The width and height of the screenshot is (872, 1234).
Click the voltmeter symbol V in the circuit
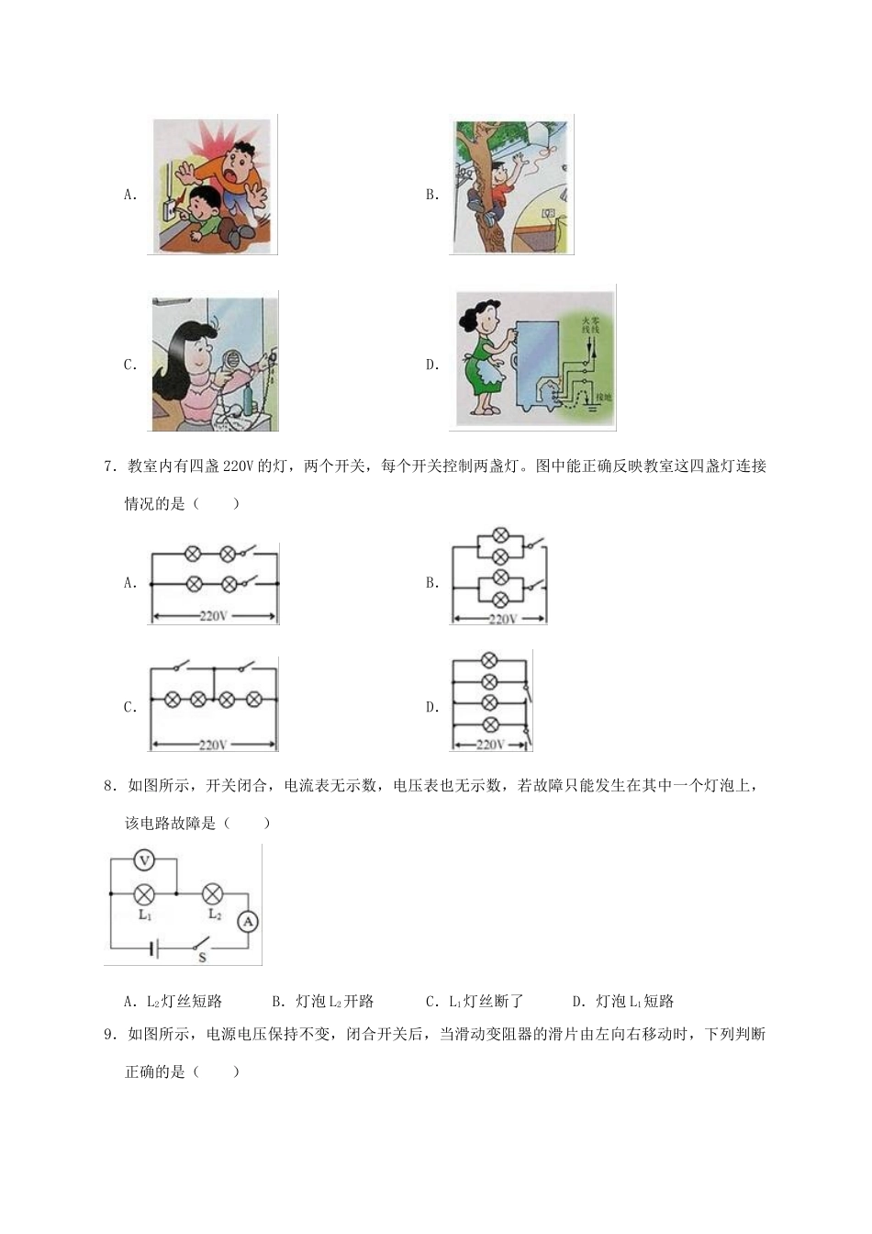point(143,860)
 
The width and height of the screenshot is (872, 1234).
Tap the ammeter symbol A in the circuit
point(247,921)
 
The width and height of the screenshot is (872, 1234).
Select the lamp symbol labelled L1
point(144,892)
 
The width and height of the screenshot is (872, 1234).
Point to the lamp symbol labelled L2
point(213,892)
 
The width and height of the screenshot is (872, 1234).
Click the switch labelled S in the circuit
point(201,945)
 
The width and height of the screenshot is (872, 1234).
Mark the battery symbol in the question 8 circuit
point(152,948)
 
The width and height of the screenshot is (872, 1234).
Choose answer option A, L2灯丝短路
point(173,1001)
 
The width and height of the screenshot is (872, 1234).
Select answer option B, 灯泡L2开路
point(323,1001)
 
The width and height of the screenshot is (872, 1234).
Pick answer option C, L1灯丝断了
point(475,1001)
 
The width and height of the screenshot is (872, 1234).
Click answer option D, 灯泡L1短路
point(623,1001)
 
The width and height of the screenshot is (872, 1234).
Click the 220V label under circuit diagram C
point(213,745)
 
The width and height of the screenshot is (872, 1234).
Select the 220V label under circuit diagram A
point(213,616)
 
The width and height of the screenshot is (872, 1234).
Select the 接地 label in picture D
point(602,398)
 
